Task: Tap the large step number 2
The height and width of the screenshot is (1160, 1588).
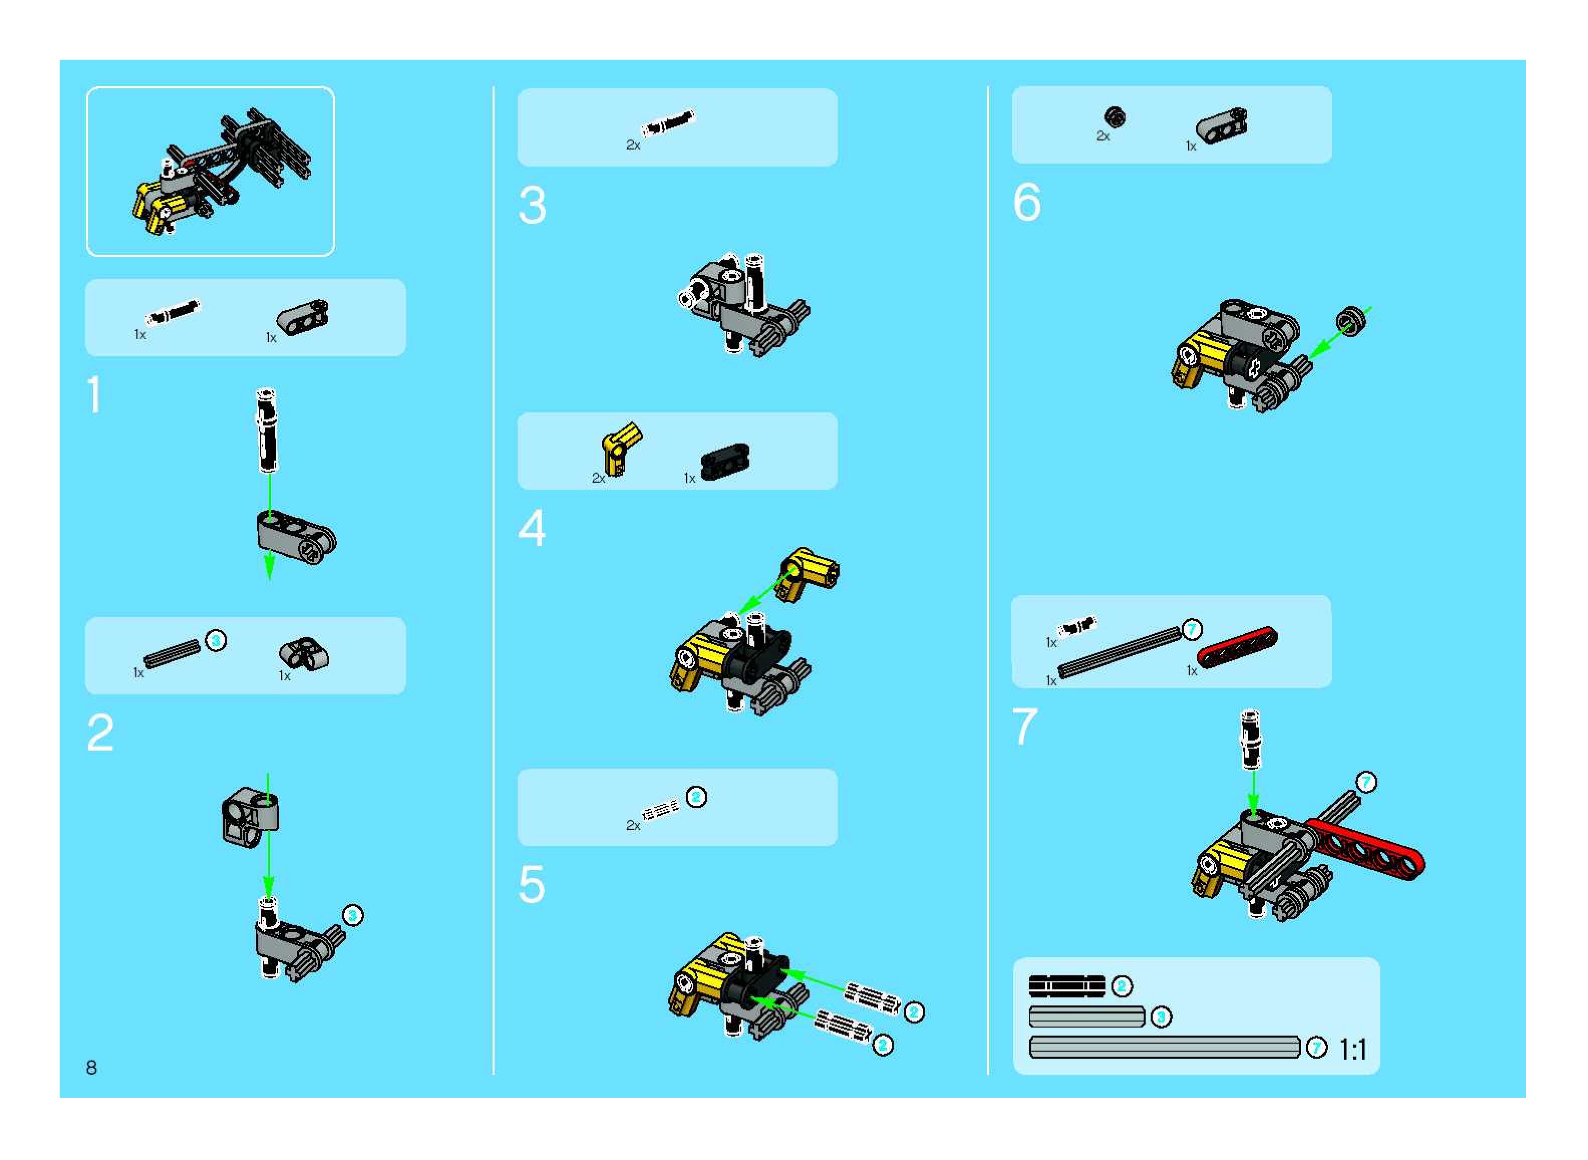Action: point(100,733)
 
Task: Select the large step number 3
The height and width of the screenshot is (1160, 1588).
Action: point(532,205)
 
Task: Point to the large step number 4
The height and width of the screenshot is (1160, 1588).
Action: point(532,528)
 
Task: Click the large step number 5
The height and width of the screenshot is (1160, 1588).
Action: point(532,884)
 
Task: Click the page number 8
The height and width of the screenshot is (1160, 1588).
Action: point(91,1067)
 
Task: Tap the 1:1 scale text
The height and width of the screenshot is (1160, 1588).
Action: point(1353,1050)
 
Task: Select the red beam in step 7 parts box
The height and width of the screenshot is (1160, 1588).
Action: point(1237,646)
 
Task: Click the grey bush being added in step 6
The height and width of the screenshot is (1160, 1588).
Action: point(1350,322)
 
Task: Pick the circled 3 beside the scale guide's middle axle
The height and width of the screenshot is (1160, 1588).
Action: point(1161,1017)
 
